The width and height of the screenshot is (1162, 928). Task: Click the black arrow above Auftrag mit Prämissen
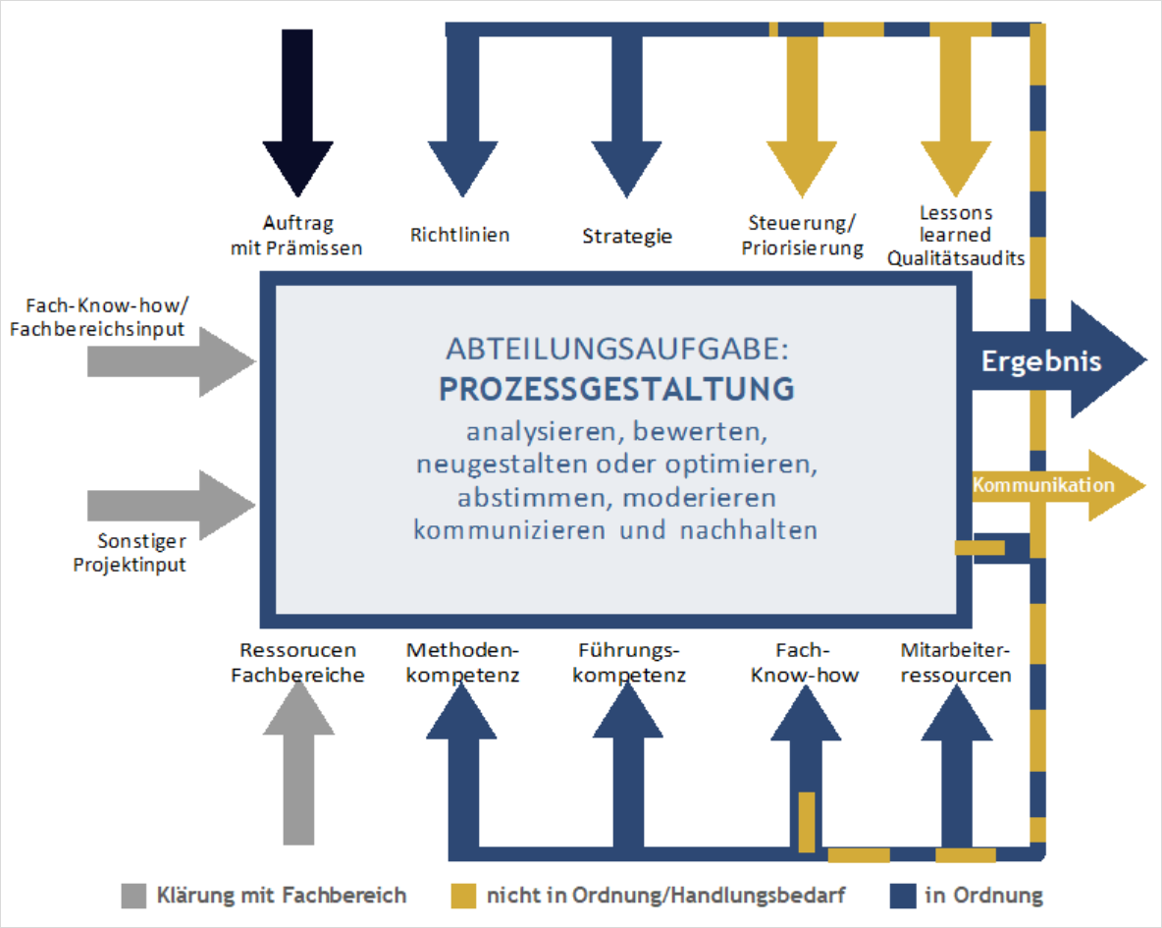pyautogui.click(x=298, y=111)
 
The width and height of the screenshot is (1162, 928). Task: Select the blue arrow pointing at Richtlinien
pyautogui.click(x=463, y=111)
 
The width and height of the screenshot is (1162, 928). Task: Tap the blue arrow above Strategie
pyautogui.click(x=627, y=111)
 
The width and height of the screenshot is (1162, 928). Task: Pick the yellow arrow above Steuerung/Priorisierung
pyautogui.click(x=802, y=111)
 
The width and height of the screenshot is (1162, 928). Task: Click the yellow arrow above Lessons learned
pyautogui.click(x=956, y=111)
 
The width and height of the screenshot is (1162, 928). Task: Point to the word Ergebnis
pyautogui.click(x=1041, y=361)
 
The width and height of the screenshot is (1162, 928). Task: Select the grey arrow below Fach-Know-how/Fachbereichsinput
pyautogui.click(x=172, y=362)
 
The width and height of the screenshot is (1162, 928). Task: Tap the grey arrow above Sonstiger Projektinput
pyautogui.click(x=172, y=505)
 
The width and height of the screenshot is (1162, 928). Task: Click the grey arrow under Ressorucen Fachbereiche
pyautogui.click(x=298, y=764)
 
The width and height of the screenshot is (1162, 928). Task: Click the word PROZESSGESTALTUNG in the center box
pyautogui.click(x=616, y=390)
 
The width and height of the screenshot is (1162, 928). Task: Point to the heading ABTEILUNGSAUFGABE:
pyautogui.click(x=616, y=349)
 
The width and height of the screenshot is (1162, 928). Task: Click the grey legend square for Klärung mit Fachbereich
pyautogui.click(x=133, y=897)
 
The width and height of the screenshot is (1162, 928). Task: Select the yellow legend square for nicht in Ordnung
pyautogui.click(x=463, y=897)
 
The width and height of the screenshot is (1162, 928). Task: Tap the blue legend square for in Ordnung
pyautogui.click(x=903, y=897)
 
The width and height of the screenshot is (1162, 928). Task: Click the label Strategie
pyautogui.click(x=627, y=237)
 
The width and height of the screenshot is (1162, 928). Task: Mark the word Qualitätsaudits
pyautogui.click(x=956, y=258)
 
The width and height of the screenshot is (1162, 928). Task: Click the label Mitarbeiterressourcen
pyautogui.click(x=955, y=663)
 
